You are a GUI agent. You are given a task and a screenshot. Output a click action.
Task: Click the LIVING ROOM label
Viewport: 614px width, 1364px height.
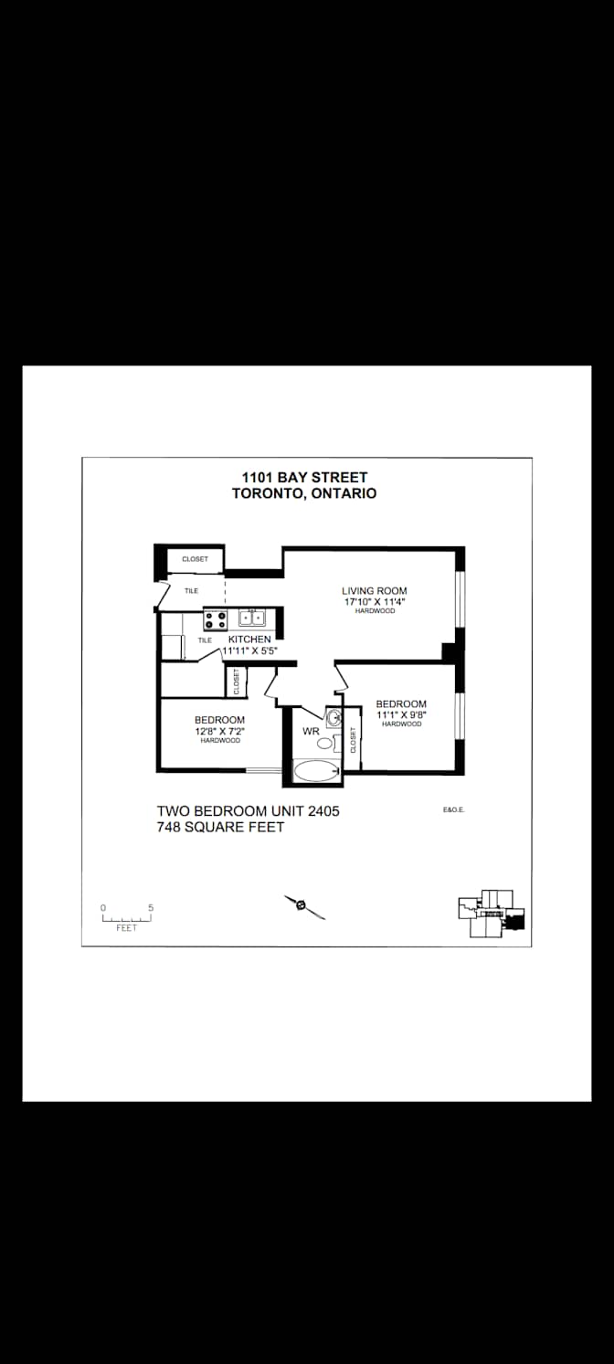pos(374,591)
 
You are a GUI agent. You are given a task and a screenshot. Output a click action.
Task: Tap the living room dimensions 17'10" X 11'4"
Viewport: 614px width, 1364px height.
pos(375,602)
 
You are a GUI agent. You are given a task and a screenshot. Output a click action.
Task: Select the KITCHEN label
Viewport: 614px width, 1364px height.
pos(249,640)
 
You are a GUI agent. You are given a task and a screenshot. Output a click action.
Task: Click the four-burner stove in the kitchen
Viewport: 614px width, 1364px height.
pos(215,620)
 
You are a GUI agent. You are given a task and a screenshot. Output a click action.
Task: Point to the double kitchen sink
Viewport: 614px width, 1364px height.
pos(251,618)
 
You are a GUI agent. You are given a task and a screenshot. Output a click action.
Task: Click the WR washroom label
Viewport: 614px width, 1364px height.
pos(311,731)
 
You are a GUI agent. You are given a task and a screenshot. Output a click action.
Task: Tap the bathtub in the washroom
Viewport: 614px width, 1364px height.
pos(316,771)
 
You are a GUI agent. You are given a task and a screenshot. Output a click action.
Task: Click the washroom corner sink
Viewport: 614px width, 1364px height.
pos(333,718)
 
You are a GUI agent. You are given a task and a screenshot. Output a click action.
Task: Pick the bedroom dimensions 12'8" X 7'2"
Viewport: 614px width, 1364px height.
pos(219,731)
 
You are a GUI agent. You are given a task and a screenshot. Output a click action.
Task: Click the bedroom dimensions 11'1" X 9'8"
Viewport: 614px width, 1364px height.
pos(401,714)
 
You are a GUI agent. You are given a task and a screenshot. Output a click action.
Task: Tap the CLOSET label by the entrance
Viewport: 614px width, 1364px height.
pos(195,559)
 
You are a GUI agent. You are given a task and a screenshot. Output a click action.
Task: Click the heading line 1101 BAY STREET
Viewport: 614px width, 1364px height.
pos(304,478)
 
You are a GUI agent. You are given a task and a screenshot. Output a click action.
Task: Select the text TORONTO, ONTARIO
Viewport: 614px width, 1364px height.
pos(304,493)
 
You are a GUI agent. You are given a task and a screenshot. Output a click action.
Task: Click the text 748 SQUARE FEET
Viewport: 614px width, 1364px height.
pos(220,827)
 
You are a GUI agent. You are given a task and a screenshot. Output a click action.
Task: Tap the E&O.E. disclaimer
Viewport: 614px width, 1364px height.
pos(454,809)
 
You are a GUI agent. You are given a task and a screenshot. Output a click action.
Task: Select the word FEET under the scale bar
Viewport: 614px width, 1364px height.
pos(127,928)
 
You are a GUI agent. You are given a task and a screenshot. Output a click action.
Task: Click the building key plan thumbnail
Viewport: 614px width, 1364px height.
pos(492,914)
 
